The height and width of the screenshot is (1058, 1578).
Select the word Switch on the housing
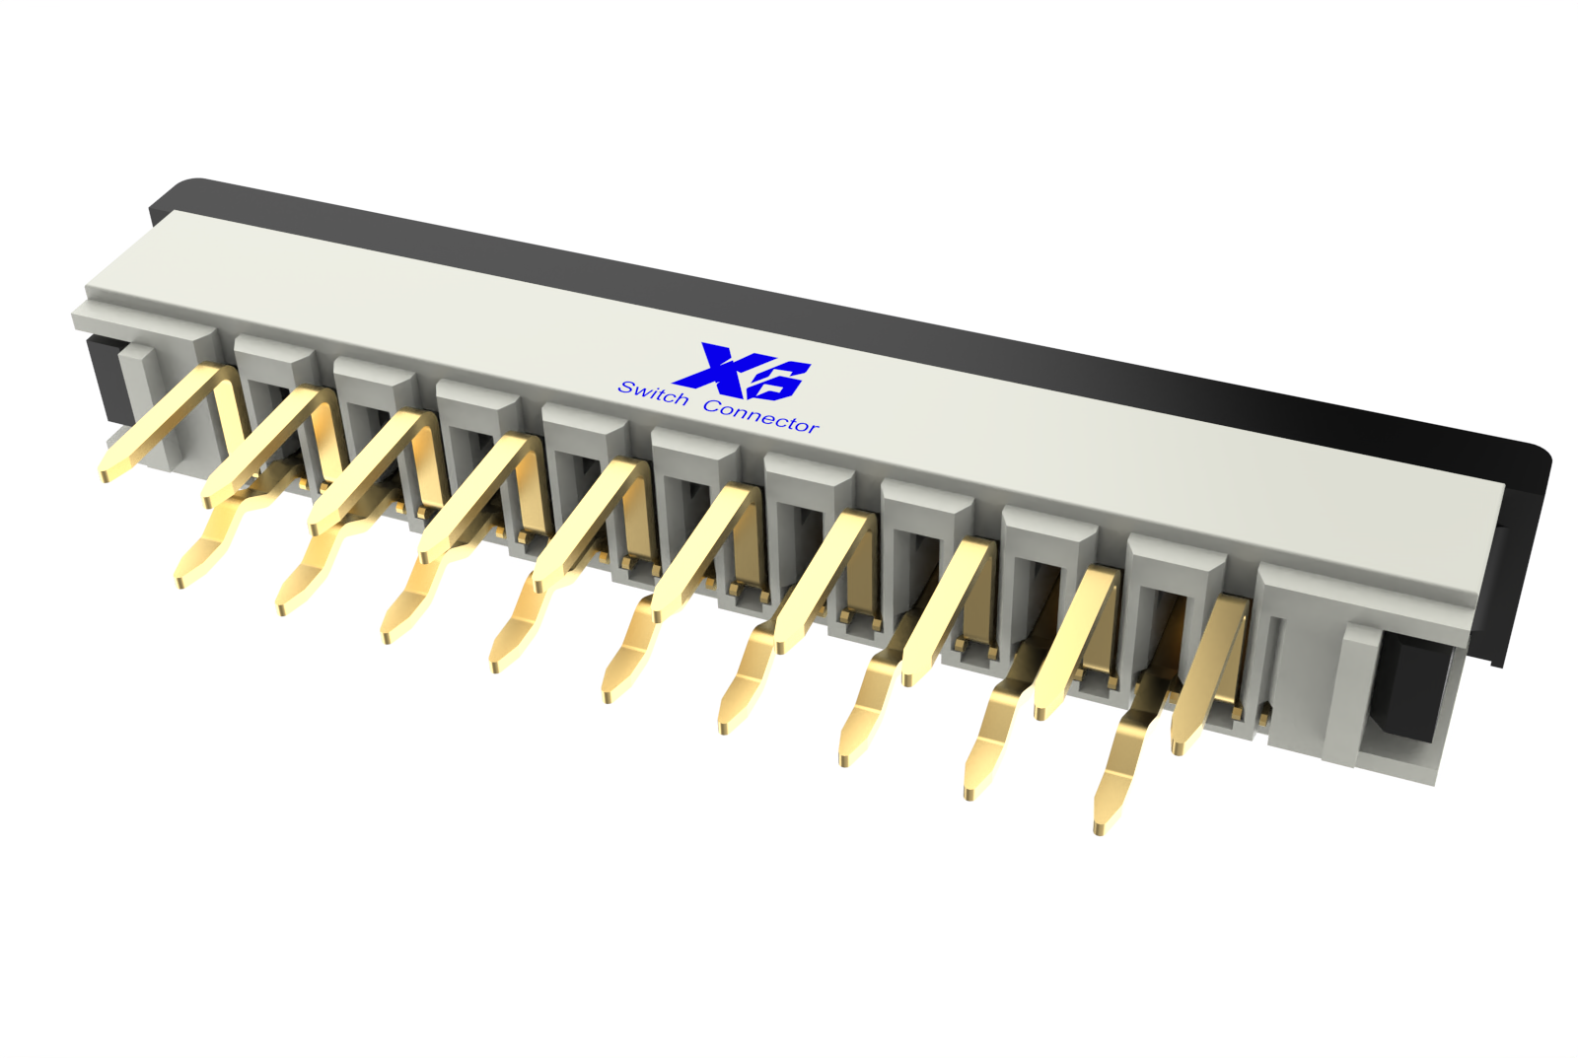[653, 393]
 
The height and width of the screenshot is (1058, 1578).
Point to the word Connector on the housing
[761, 416]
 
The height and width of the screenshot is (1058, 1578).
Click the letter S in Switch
[625, 387]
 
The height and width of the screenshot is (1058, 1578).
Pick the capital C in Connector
[712, 405]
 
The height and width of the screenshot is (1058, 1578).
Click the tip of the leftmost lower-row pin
[180, 583]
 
